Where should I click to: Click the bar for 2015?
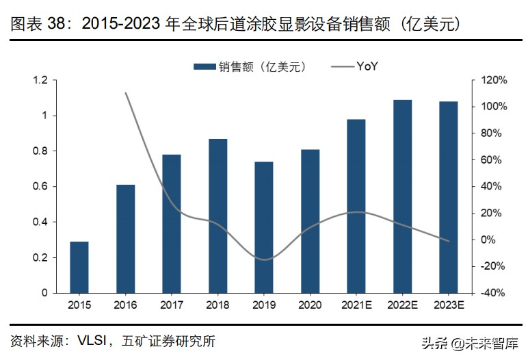pyautogui.click(x=79, y=267)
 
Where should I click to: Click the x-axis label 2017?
pyautogui.click(x=172, y=305)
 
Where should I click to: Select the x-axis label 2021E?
pyautogui.click(x=356, y=305)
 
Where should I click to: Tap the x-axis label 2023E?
pyautogui.click(x=449, y=305)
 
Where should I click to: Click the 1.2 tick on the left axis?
pyautogui.click(x=40, y=81)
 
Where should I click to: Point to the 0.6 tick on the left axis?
pyautogui.click(x=40, y=187)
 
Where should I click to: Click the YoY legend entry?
pyautogui.click(x=367, y=66)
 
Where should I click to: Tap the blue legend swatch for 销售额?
pyautogui.click(x=204, y=66)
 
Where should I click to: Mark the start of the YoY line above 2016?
pyautogui.click(x=126, y=93)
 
